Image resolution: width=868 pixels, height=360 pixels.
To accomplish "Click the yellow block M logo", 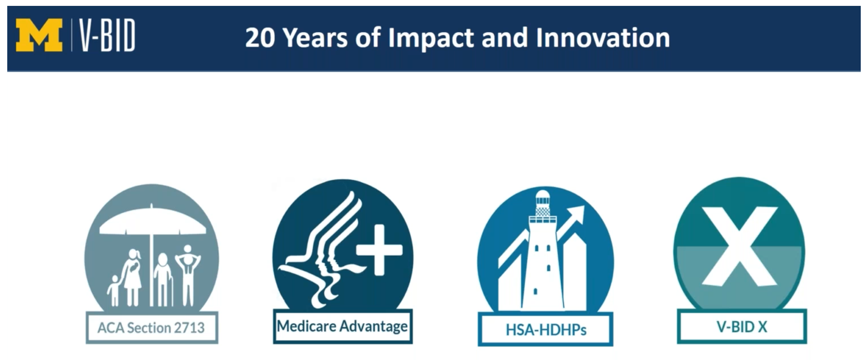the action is pos(39,36).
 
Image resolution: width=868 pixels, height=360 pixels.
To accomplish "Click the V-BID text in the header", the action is pos(107,36).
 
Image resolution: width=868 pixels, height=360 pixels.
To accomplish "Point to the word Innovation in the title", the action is pos(603,37).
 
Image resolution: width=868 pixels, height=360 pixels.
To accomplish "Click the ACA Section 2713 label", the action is pos(152,327).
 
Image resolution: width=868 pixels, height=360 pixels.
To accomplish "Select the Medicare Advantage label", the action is pos(342,326).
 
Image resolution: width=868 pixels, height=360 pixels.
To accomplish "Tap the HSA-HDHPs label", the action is pos(546,329).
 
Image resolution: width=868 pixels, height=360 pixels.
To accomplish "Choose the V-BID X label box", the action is pos(742,327).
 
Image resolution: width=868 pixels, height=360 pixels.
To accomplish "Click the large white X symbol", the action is pos(739,246).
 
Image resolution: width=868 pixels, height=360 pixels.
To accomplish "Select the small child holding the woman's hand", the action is pos(113,290).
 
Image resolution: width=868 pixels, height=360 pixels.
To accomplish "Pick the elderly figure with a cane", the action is pos(163,279).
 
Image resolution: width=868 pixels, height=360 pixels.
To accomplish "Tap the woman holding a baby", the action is pos(132,277).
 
